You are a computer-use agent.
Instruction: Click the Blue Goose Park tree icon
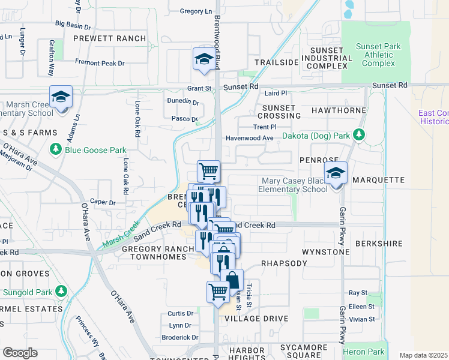pos(56,148)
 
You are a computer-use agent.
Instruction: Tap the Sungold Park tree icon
pos(61,291)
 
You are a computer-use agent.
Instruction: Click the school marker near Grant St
pos(203,59)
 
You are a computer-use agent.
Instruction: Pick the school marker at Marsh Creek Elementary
pos(61,97)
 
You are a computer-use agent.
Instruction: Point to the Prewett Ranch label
pos(109,38)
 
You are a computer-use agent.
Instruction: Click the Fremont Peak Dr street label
pos(100,62)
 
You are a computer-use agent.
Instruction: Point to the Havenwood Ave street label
pos(249,138)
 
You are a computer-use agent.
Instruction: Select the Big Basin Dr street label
pos(73,25)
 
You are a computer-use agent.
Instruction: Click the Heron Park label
pos(364,351)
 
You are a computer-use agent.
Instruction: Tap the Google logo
pos(20,353)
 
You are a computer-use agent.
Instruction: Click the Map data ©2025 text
pos(423,355)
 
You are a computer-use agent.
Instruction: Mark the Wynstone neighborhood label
pos(325,252)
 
